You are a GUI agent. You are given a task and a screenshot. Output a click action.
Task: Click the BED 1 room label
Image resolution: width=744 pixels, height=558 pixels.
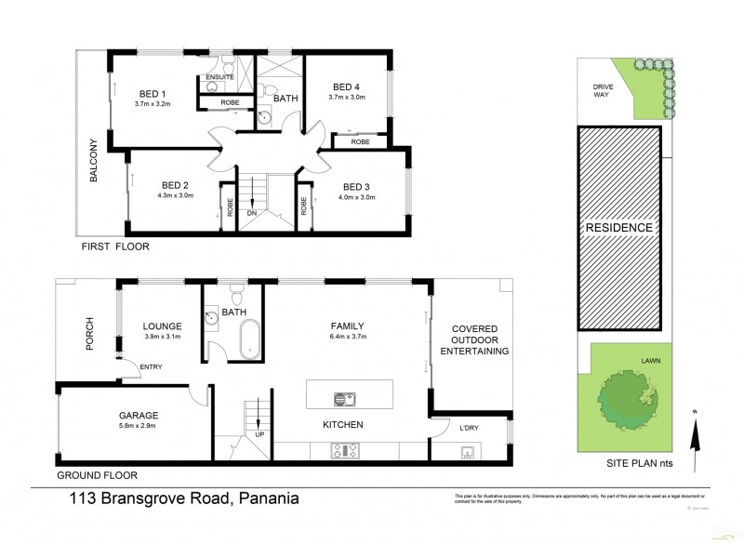[x=153, y=93]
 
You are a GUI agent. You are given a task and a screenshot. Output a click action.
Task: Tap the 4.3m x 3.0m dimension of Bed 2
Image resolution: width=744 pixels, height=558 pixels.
[x=175, y=196]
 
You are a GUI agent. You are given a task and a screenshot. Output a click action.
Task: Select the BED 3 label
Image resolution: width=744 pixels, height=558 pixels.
[x=357, y=184]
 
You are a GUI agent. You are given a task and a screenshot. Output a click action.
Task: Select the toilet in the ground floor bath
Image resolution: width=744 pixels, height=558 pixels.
[x=236, y=296]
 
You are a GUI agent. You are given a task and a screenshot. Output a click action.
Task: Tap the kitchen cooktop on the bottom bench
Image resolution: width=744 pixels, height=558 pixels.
[x=343, y=451]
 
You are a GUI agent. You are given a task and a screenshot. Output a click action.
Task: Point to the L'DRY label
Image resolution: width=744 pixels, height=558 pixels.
[x=462, y=428]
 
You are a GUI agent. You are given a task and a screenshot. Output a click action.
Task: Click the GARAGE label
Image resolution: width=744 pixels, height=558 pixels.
[x=137, y=416]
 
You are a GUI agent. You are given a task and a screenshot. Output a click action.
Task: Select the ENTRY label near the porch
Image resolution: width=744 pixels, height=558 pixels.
[x=151, y=367]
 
